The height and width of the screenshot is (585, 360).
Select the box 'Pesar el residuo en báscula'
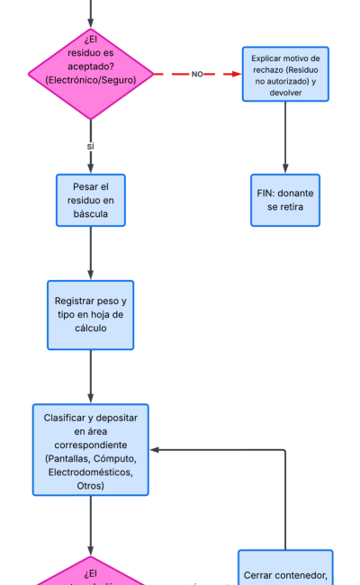pyautogui.click(x=90, y=200)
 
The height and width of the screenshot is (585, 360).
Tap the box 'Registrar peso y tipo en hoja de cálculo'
pyautogui.click(x=90, y=314)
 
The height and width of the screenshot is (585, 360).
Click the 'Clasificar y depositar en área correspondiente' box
pyautogui.click(x=90, y=449)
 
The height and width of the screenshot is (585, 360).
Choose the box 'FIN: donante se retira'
pyautogui.click(x=285, y=200)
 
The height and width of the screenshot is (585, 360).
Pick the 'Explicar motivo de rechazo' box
pyautogui.click(x=285, y=74)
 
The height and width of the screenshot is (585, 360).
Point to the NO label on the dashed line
pyautogui.click(x=197, y=74)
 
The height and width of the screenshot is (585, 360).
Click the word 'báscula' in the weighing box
pyautogui.click(x=90, y=214)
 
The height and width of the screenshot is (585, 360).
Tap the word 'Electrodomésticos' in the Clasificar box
pyautogui.click(x=91, y=472)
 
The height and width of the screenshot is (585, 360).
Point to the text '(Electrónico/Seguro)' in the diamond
pyautogui.click(x=90, y=81)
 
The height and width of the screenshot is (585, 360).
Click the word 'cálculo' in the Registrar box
pyautogui.click(x=90, y=328)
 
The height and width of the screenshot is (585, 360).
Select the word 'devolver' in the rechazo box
pyautogui.click(x=285, y=92)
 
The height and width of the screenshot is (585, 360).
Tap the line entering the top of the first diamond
pyautogui.click(x=90, y=11)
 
